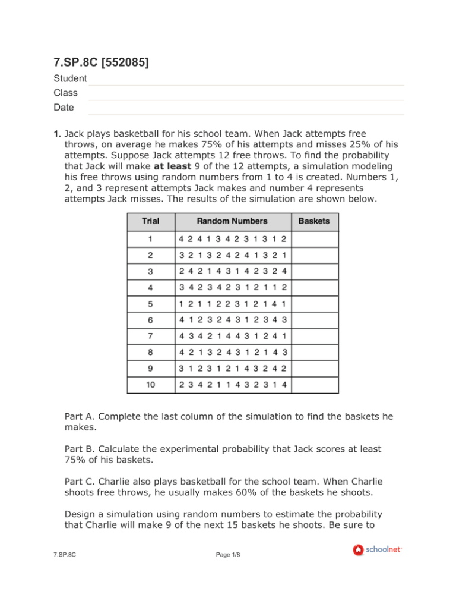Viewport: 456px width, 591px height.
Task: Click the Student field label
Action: pyautogui.click(x=70, y=78)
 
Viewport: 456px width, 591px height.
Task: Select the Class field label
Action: pyautogui.click(x=65, y=93)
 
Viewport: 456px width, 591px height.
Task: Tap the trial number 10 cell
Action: pyautogui.click(x=150, y=383)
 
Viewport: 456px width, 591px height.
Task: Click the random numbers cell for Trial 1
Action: pyautogui.click(x=232, y=240)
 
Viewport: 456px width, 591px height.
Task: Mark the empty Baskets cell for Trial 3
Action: pyautogui.click(x=315, y=272)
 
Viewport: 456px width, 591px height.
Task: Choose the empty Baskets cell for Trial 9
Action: pyautogui.click(x=315, y=368)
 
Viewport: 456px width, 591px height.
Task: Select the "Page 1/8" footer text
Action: pyautogui.click(x=228, y=567)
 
